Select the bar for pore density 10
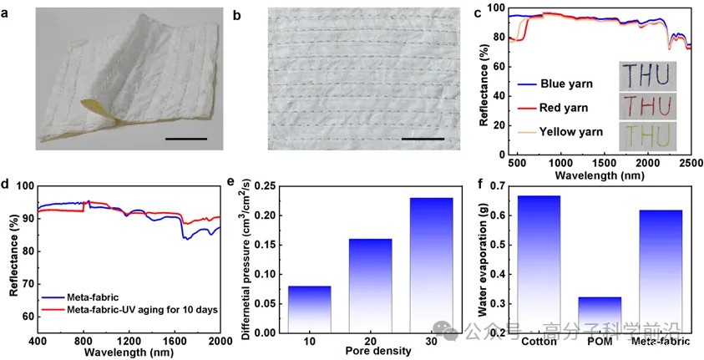point(308,308)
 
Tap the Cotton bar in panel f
point(539,263)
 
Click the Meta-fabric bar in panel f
point(660,271)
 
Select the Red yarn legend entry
point(548,107)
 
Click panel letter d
point(7,182)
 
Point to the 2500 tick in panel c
point(690,160)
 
